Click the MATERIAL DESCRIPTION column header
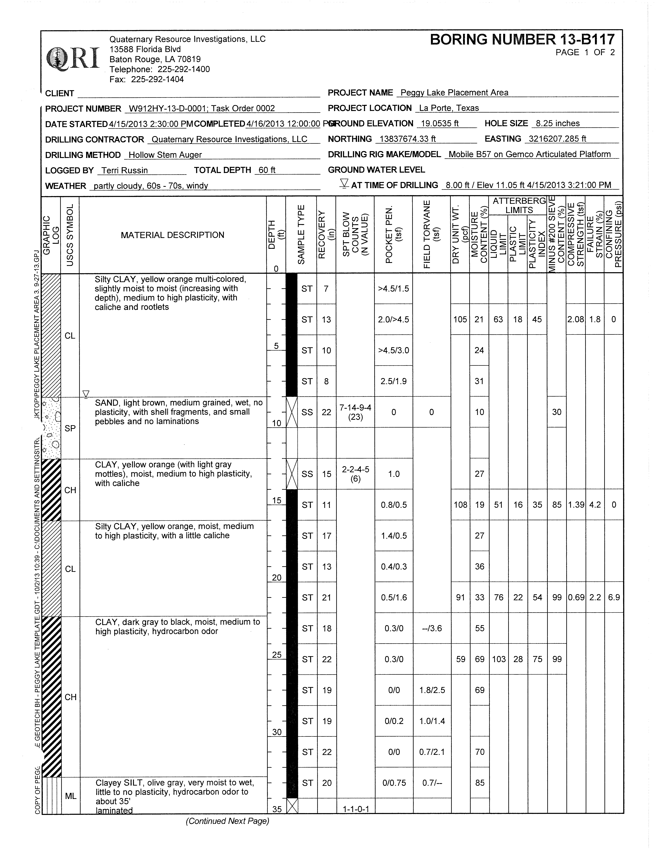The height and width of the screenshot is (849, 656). (172, 235)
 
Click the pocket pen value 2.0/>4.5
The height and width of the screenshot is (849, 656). (393, 320)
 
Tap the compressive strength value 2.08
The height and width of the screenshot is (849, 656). (575, 320)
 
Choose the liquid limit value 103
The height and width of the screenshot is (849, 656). (499, 659)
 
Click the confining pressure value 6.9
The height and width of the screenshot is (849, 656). (614, 598)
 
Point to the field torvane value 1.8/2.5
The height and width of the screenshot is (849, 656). (432, 690)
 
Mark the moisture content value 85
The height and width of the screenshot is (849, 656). (480, 783)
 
